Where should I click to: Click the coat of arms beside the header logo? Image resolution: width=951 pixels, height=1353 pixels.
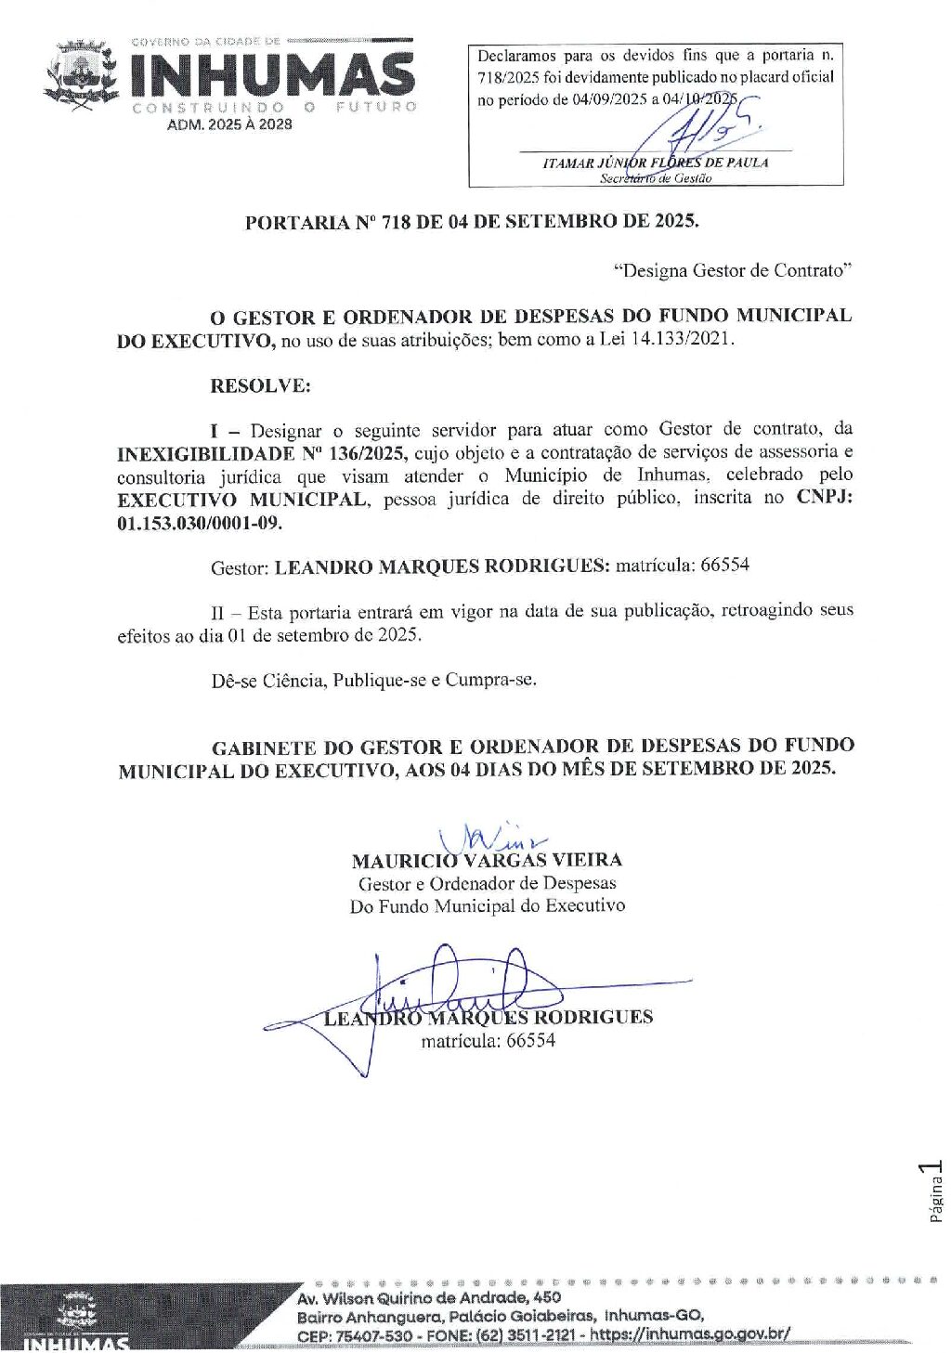[81, 75]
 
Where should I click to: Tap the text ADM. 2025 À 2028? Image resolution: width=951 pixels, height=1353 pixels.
[229, 124]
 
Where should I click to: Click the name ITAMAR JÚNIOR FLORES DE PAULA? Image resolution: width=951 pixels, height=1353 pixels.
[656, 163]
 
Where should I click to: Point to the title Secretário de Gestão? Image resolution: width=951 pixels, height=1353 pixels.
[656, 178]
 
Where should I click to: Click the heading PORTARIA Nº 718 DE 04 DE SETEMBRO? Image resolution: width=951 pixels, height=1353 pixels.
[472, 222]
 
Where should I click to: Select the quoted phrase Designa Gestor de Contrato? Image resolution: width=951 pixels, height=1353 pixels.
[733, 271]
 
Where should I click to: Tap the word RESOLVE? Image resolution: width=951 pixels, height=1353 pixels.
[260, 386]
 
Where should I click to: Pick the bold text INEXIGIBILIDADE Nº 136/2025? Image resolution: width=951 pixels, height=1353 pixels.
[263, 454]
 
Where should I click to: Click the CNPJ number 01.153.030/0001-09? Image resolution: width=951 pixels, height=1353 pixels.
[200, 523]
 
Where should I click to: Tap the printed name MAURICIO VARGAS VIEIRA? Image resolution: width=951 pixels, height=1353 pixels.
[487, 861]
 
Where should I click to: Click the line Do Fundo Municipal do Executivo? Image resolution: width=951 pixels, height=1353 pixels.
[487, 905]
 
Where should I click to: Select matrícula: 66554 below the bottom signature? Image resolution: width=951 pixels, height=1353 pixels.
[488, 1041]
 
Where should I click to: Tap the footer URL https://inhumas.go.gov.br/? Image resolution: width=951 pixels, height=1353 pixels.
[691, 1334]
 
